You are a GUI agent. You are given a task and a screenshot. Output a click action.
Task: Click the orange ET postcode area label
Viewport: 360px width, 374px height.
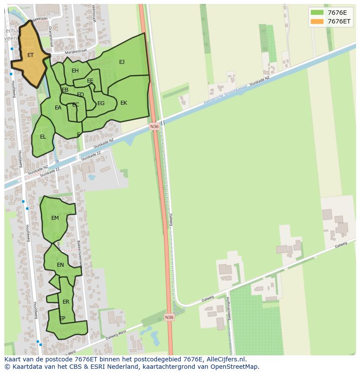coord(30,55)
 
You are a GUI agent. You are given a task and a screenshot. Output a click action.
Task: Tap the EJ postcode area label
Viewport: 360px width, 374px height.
coord(122,62)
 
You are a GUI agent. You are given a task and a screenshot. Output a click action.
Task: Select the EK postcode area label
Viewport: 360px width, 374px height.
coord(124,103)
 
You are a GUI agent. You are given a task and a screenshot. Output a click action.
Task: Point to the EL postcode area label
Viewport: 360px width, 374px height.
coord(43,137)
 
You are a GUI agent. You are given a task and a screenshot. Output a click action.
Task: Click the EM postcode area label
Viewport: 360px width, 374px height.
coord(55,218)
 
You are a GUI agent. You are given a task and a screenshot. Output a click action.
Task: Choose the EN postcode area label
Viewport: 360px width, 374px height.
coord(60,265)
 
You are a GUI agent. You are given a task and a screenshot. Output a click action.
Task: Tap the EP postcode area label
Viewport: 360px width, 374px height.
coord(62,318)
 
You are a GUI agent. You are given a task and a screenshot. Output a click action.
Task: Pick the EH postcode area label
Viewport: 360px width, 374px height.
coord(75,71)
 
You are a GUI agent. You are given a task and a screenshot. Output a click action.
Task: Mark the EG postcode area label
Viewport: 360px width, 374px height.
coord(101,103)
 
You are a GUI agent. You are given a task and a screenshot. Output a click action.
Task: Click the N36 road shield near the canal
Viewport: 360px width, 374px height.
coord(154,126)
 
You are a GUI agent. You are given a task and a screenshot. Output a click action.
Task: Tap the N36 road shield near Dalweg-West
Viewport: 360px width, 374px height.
coord(169,318)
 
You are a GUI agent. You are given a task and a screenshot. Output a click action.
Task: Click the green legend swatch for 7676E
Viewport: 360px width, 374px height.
coord(317,13)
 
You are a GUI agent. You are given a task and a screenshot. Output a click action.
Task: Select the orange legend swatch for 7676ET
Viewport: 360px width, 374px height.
coord(317,21)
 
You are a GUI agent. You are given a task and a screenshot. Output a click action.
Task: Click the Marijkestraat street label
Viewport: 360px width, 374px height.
coord(73,52)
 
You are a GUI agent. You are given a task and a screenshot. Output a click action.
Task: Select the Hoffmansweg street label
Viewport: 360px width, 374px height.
coord(228,308)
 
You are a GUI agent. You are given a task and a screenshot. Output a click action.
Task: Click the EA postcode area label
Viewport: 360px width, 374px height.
coord(58,108)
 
